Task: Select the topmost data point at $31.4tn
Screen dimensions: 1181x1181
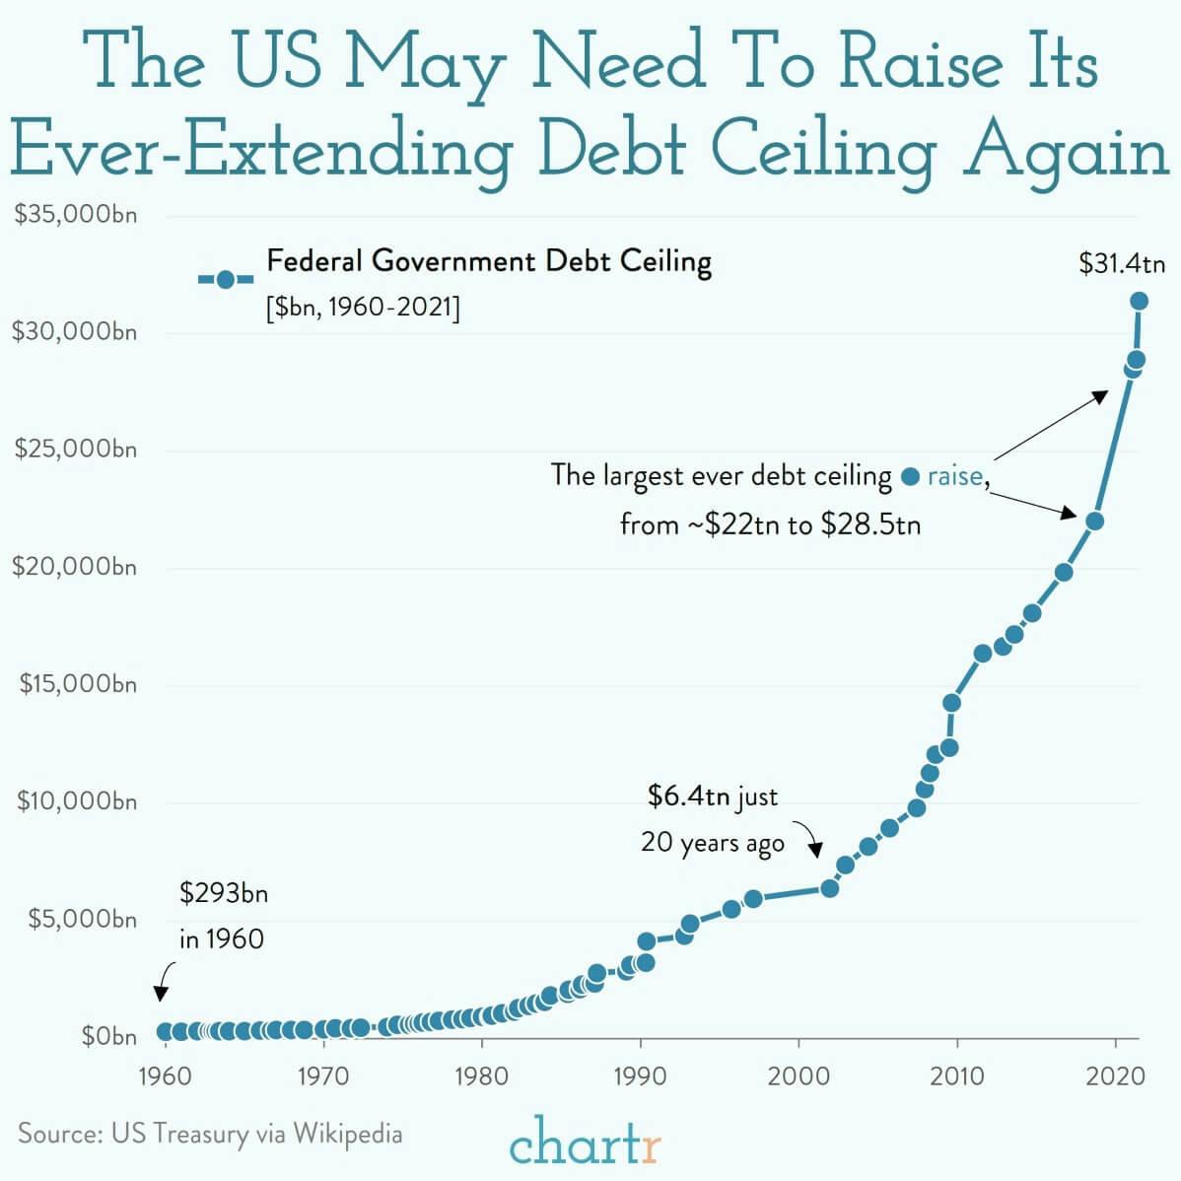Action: [1139, 301]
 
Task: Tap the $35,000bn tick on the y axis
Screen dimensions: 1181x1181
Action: [75, 215]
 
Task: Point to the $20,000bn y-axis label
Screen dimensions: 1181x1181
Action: [75, 567]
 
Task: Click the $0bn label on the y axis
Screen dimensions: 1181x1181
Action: [108, 1036]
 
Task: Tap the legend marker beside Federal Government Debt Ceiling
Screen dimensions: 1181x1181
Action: [226, 279]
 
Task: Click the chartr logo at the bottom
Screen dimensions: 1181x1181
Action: [586, 1145]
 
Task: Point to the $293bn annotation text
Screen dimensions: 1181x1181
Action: [224, 894]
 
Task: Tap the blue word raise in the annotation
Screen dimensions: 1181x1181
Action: [954, 476]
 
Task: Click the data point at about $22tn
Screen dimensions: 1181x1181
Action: [1094, 521]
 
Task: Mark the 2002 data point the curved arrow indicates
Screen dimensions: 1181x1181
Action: [830, 888]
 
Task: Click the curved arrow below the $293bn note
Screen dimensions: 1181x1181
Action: [164, 981]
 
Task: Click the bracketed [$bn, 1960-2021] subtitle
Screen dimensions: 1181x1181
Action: [362, 308]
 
